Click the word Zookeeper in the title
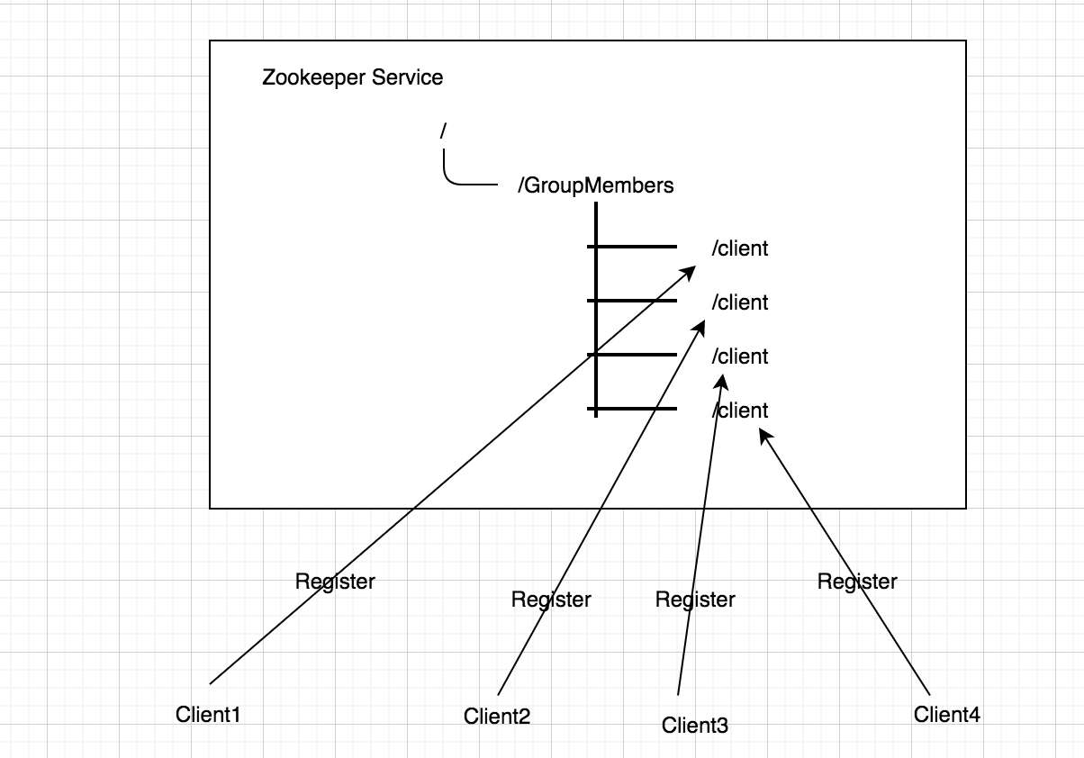313,78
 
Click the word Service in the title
408,77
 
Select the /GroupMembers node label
596,185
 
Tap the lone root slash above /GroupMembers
443,131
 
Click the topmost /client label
740,248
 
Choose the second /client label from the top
740,302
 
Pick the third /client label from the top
740,356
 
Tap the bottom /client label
740,411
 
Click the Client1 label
208,715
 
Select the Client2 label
497,716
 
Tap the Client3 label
695,725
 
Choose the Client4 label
947,715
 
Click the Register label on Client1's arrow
335,582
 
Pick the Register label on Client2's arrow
551,600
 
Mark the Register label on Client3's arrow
695,600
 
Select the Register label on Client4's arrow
857,582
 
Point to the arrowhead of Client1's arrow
689,271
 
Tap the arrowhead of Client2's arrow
700,327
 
